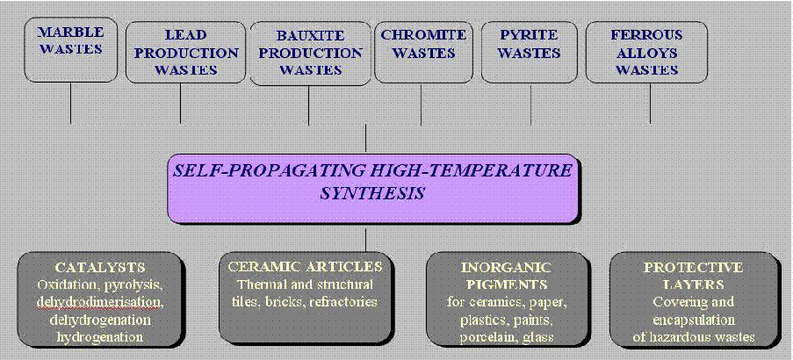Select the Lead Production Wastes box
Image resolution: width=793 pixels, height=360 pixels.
pos(185,52)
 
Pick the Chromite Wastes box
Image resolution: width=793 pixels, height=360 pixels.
pos(423,52)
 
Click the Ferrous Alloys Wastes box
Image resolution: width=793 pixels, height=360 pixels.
pos(646,52)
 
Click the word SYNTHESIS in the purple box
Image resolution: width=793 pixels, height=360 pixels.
pos(372,194)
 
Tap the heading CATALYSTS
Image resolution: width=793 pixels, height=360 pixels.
pos(101,267)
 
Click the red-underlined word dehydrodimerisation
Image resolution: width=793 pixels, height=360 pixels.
pos(100,302)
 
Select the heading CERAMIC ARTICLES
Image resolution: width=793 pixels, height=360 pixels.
pos(306,266)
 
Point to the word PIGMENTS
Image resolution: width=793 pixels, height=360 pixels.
pos(506,284)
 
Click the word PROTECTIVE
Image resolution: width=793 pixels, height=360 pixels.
pos(694,267)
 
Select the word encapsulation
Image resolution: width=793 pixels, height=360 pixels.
pos(693,320)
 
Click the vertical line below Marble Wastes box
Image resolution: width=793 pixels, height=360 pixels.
pos(70,103)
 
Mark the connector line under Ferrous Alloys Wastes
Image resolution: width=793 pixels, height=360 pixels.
pos(651,104)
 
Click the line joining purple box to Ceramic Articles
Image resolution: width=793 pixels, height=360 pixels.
pos(365,239)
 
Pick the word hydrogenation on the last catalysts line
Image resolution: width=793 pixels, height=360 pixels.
pos(100,337)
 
